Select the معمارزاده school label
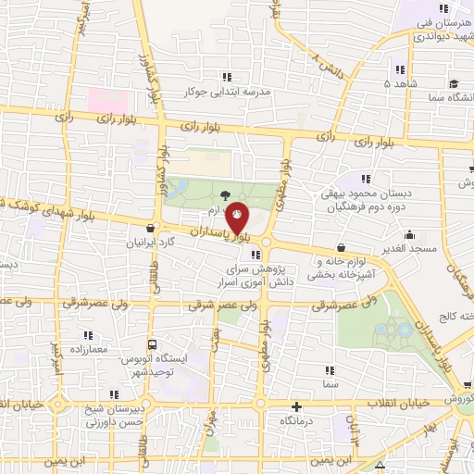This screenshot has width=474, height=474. [87, 349]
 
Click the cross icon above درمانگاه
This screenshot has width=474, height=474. [296, 406]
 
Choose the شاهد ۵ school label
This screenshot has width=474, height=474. [401, 82]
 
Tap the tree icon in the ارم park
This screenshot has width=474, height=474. [225, 194]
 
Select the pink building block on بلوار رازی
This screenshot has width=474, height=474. [104, 99]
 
